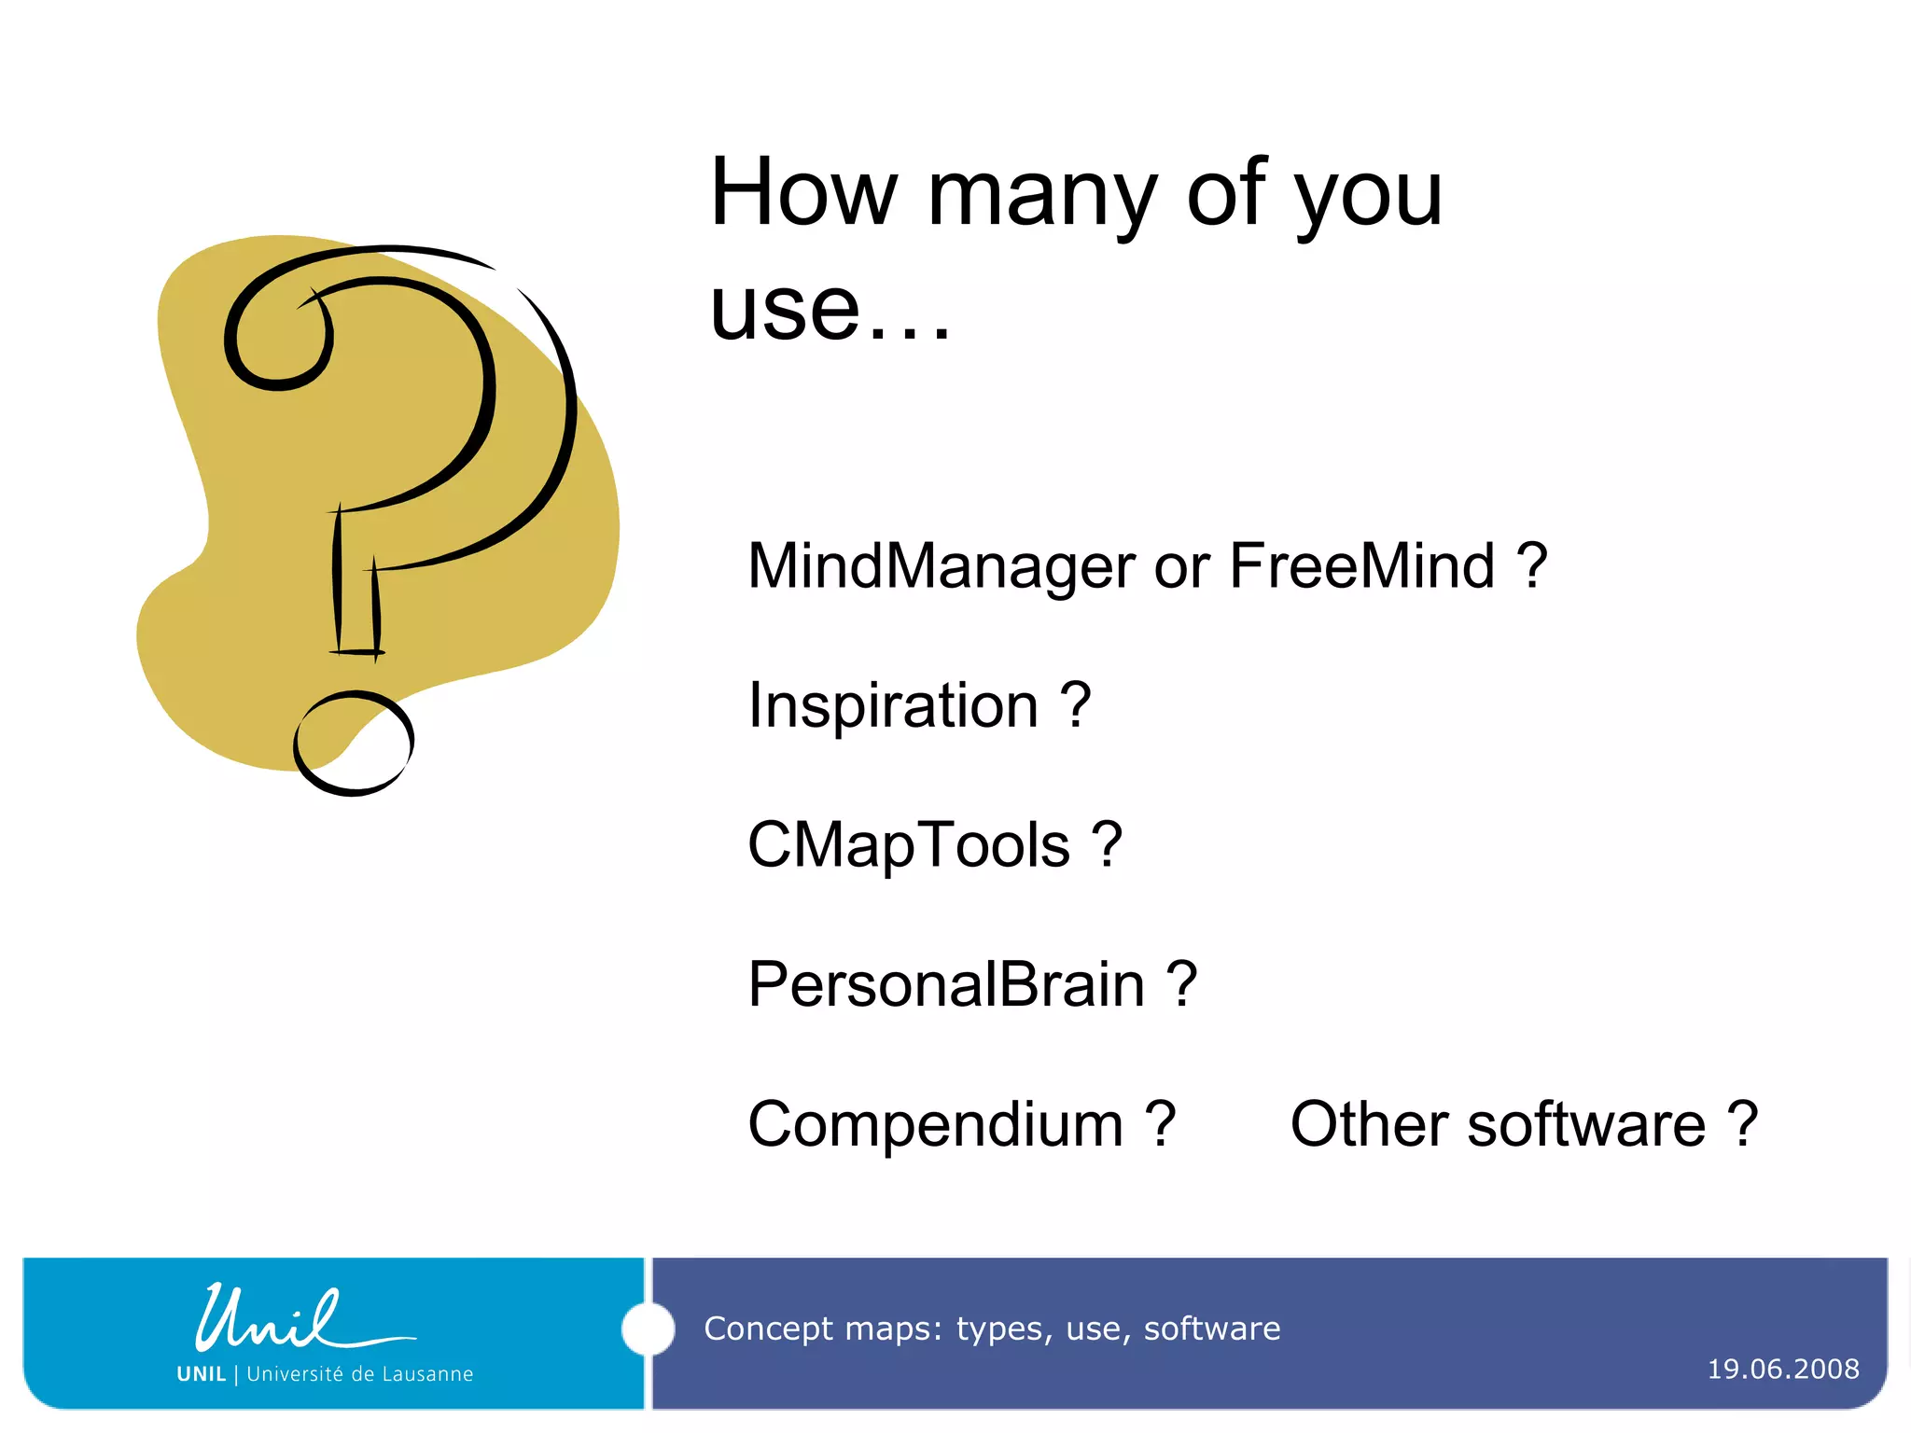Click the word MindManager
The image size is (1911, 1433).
pos(941,567)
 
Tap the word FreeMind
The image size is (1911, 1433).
pos(1361,565)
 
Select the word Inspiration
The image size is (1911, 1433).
pos(893,705)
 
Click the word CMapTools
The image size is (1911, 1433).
pos(908,845)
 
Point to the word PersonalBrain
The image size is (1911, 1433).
pos(945,985)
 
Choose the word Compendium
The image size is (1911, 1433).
pos(935,1125)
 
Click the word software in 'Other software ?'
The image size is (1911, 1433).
pos(1585,1125)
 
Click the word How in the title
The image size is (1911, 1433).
pos(802,193)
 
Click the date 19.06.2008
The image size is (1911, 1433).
pos(1782,1369)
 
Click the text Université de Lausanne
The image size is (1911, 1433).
pos(359,1374)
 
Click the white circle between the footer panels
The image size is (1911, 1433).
pos(648,1329)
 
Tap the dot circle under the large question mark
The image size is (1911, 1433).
pos(353,744)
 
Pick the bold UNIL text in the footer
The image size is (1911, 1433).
pos(202,1374)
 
